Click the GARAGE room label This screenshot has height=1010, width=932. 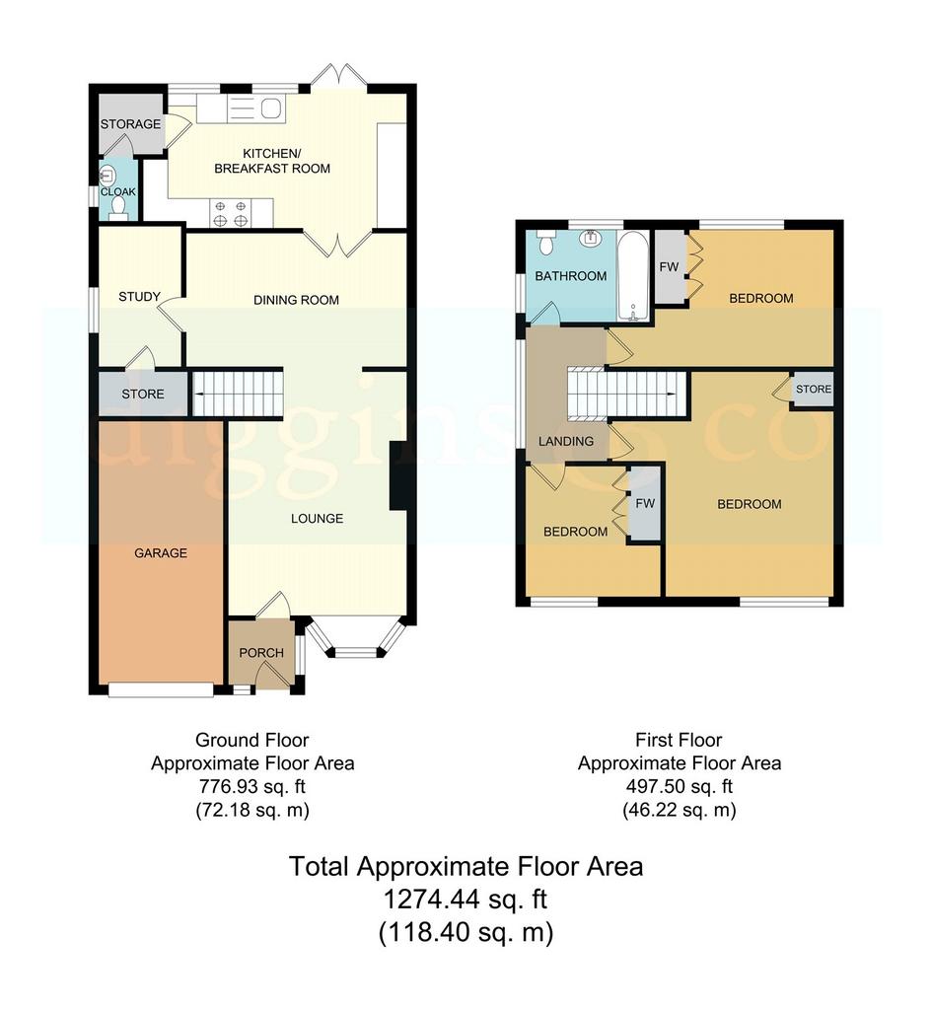pyautogui.click(x=161, y=552)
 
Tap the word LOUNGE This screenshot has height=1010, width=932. pyautogui.click(x=317, y=519)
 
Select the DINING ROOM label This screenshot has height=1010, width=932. pyautogui.click(x=296, y=300)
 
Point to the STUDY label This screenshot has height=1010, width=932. pyautogui.click(x=139, y=296)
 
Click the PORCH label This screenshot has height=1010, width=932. pyautogui.click(x=261, y=653)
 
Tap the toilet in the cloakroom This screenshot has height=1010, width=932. pyautogui.click(x=118, y=207)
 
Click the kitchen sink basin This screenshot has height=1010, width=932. pyautogui.click(x=271, y=108)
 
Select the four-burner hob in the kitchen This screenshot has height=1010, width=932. pyautogui.click(x=231, y=213)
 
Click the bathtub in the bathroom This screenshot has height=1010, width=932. pyautogui.click(x=634, y=276)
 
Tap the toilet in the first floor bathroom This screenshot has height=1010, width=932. pyautogui.click(x=546, y=241)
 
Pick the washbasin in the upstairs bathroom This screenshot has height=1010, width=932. pyautogui.click(x=591, y=238)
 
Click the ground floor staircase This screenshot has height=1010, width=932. pyautogui.click(x=238, y=393)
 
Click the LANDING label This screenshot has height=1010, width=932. pyautogui.click(x=566, y=441)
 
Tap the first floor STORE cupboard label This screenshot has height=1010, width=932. pyautogui.click(x=814, y=389)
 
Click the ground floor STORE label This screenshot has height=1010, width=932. pyautogui.click(x=143, y=394)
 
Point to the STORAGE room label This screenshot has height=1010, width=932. pyautogui.click(x=131, y=123)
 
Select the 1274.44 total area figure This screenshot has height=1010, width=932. pyautogui.click(x=430, y=900)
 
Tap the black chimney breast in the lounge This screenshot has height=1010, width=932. pyautogui.click(x=398, y=476)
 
